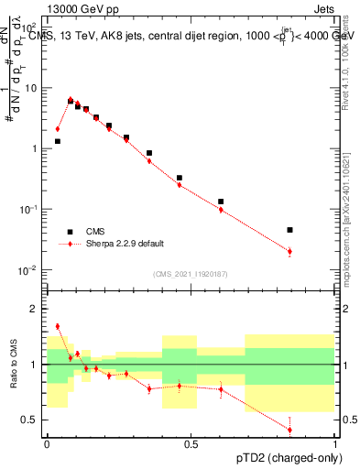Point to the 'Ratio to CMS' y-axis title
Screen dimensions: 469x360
click(14, 364)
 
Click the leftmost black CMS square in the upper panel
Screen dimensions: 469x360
click(57, 141)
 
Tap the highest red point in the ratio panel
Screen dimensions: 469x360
click(57, 326)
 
